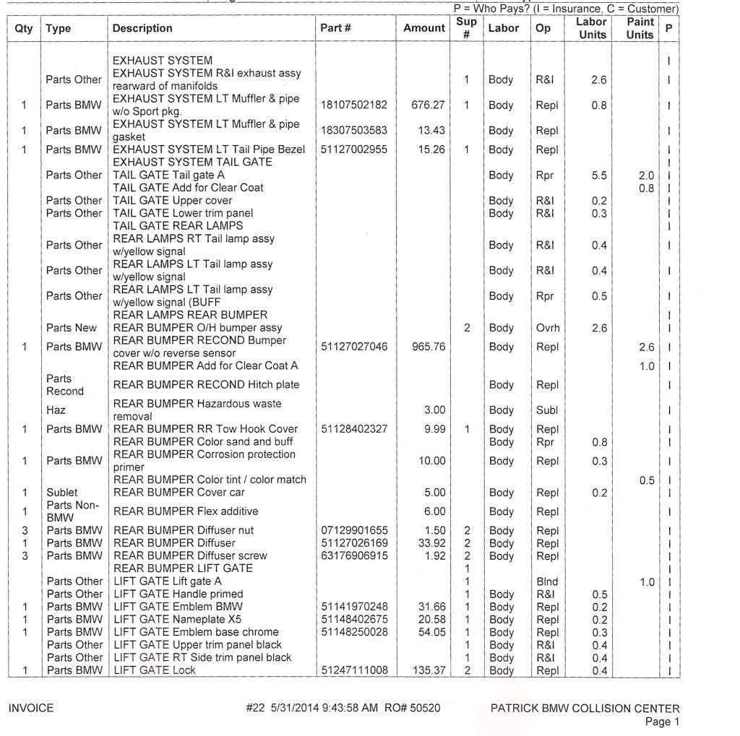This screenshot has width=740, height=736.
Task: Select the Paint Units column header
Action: (x=640, y=28)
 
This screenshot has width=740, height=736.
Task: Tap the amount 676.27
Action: (x=428, y=105)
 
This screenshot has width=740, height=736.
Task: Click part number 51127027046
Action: (x=354, y=347)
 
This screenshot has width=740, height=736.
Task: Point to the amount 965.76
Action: (x=428, y=347)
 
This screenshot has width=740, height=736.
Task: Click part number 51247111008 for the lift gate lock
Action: (x=354, y=670)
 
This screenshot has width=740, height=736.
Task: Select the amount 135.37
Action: (x=429, y=670)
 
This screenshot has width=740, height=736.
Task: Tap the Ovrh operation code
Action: (x=548, y=328)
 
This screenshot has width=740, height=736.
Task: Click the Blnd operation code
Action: (x=547, y=581)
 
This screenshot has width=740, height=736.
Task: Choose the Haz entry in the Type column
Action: (x=56, y=410)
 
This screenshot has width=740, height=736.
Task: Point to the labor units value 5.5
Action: (x=599, y=176)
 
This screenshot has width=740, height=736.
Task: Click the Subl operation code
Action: (x=547, y=410)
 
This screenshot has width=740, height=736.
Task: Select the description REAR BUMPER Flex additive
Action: (x=186, y=511)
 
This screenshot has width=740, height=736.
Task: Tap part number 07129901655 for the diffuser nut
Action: (x=354, y=531)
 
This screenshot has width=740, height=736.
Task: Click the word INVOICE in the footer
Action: (x=30, y=709)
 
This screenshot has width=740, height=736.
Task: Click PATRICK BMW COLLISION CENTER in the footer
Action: (x=585, y=709)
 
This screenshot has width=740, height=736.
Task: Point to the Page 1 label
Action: (x=662, y=722)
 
